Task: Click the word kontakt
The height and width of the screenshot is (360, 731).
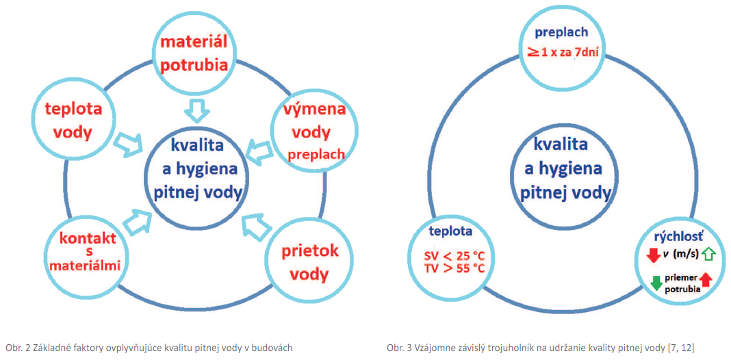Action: coord(88,239)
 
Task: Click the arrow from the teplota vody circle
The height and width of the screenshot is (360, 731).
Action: coord(128,142)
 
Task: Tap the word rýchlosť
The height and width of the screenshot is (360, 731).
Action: coord(674,237)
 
